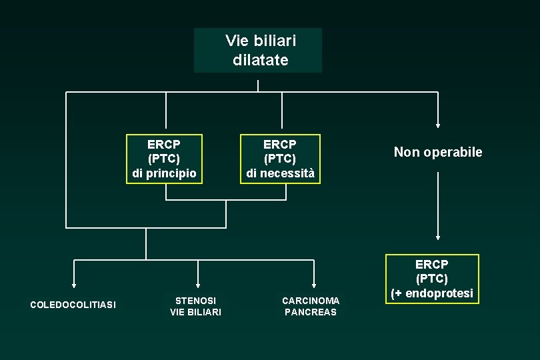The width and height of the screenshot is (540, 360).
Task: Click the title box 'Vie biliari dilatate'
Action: tap(258, 50)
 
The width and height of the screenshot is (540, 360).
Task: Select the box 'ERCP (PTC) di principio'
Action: tap(164, 159)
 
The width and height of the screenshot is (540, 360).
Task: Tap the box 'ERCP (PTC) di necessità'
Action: tap(280, 159)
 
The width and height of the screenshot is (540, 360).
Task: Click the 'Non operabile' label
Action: tap(438, 152)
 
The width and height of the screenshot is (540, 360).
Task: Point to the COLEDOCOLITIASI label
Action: tap(73, 305)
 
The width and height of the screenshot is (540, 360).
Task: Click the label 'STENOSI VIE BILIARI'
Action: tap(195, 306)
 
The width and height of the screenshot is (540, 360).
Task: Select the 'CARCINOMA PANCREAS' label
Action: tap(311, 306)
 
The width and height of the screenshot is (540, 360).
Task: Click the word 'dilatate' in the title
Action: tap(261, 60)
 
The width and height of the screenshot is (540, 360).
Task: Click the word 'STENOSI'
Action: tap(195, 301)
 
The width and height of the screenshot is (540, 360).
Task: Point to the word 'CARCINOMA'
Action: tap(311, 301)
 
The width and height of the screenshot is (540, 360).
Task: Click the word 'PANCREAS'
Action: tap(311, 312)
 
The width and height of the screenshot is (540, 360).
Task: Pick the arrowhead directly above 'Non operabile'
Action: tap(438, 124)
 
